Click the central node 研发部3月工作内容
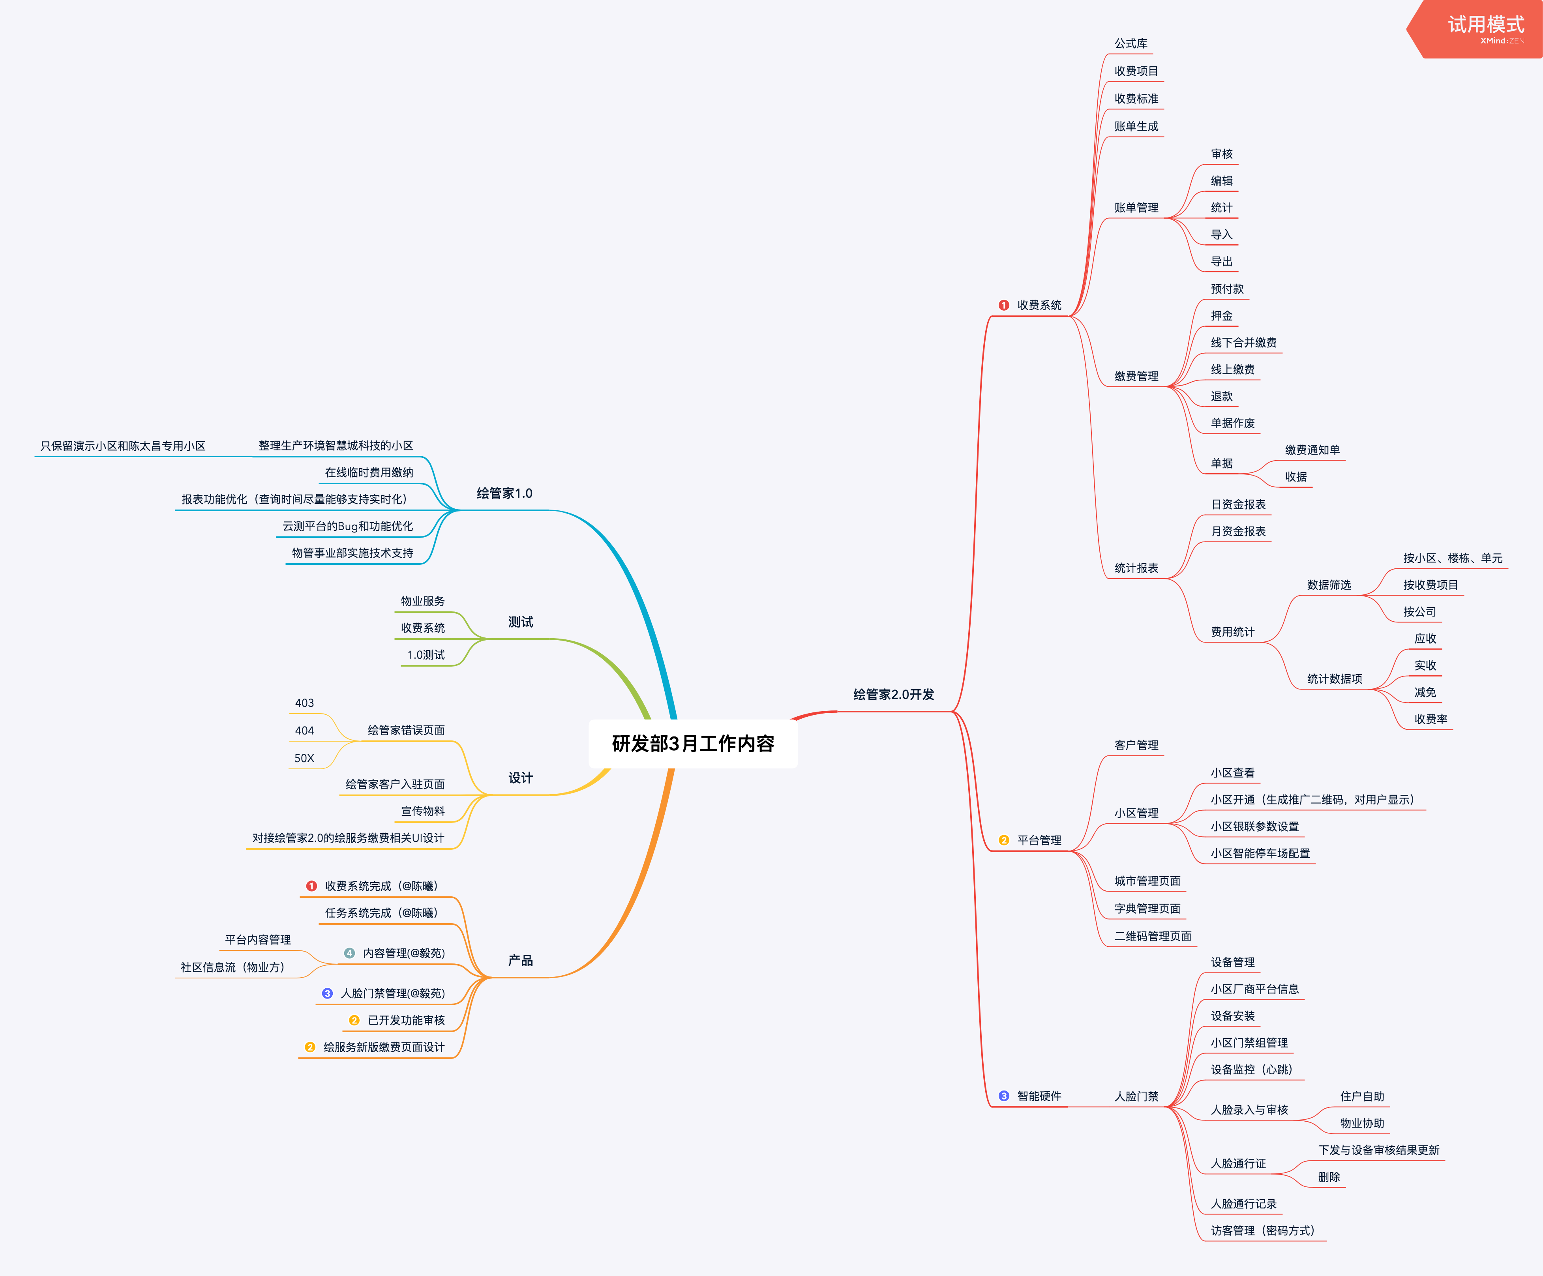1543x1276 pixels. [693, 744]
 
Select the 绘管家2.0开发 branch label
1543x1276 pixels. [893, 694]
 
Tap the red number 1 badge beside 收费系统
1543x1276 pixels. [1004, 305]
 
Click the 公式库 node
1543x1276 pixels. [1131, 43]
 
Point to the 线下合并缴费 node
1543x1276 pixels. [1243, 342]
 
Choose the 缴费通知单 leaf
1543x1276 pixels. [1312, 450]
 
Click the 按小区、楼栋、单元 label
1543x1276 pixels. [1453, 558]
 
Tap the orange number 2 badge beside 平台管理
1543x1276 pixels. [1004, 839]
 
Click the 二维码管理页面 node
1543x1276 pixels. [1153, 936]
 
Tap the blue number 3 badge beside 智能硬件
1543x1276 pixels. [1004, 1096]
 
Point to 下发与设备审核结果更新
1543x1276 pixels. [1378, 1150]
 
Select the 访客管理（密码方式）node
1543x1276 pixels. [1262, 1231]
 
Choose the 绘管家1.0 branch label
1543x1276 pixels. [504, 493]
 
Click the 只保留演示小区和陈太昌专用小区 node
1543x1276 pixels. [123, 446]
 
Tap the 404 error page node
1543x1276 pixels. [304, 730]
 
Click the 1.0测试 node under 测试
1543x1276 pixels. [426, 654]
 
